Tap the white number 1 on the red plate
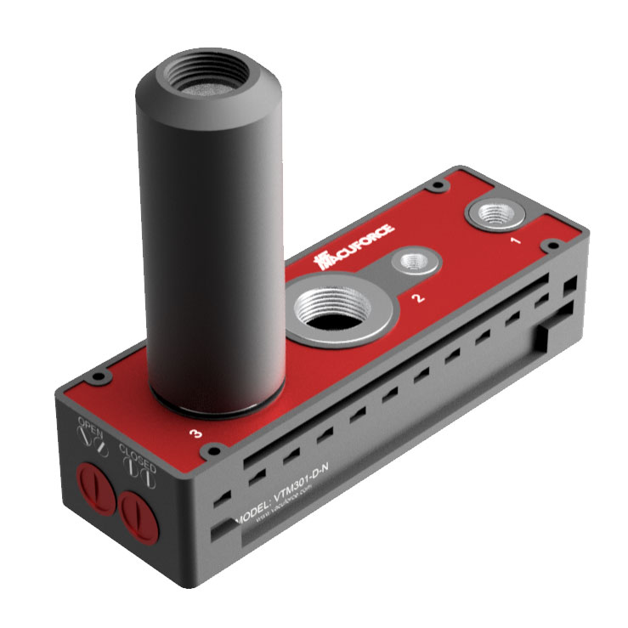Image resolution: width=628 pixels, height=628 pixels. coord(514,240)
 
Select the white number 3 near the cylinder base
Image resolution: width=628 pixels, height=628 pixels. coord(197,433)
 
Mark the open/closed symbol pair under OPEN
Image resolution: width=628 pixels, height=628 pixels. coord(91,441)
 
